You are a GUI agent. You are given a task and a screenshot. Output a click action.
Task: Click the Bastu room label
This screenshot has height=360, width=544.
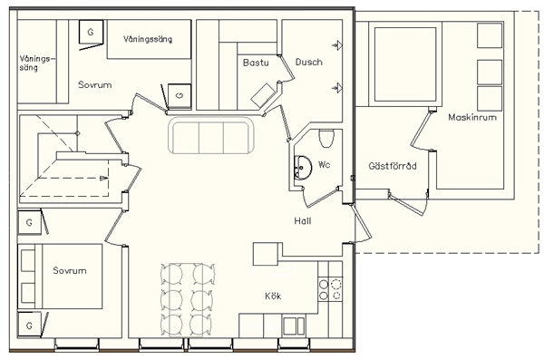tap(256, 63)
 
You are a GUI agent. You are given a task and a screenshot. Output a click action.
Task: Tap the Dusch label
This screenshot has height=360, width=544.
tap(309, 63)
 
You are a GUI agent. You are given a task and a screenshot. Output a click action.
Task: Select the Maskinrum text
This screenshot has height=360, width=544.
tap(472, 117)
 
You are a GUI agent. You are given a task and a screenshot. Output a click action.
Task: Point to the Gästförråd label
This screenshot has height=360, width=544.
tap(393, 166)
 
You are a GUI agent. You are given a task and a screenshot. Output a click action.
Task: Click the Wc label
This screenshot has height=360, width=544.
tap(324, 164)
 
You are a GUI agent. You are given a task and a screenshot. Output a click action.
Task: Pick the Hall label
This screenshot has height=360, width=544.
tap(303, 221)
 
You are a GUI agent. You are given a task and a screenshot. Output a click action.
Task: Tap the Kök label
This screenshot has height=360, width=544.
tap(273, 296)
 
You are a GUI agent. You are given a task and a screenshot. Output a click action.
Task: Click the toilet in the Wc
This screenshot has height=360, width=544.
tap(326, 138)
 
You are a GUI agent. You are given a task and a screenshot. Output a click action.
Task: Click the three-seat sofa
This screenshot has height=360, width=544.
tap(211, 135)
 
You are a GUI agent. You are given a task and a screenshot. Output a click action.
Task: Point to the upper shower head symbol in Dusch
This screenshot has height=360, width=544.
tap(337, 44)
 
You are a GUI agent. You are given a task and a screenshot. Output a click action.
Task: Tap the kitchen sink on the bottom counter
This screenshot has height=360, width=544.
tap(294, 326)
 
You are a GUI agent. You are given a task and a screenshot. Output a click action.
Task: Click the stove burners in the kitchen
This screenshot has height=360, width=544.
tap(330, 290)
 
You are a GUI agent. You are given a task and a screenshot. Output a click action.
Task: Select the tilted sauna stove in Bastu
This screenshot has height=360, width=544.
tap(263, 95)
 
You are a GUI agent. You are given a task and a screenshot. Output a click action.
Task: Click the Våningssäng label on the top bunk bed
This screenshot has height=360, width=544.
tap(148, 39)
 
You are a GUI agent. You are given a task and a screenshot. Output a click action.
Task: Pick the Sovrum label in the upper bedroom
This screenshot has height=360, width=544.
tap(94, 84)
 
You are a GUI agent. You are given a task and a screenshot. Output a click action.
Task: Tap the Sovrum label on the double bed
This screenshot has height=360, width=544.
tap(70, 270)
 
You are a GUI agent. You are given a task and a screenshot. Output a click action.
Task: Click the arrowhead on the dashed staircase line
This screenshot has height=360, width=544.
tap(103, 178)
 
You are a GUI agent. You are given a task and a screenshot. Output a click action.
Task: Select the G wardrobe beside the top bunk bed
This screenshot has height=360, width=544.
tap(91, 32)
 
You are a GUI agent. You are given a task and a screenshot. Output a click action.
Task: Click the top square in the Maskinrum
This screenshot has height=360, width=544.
tap(490, 35)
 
